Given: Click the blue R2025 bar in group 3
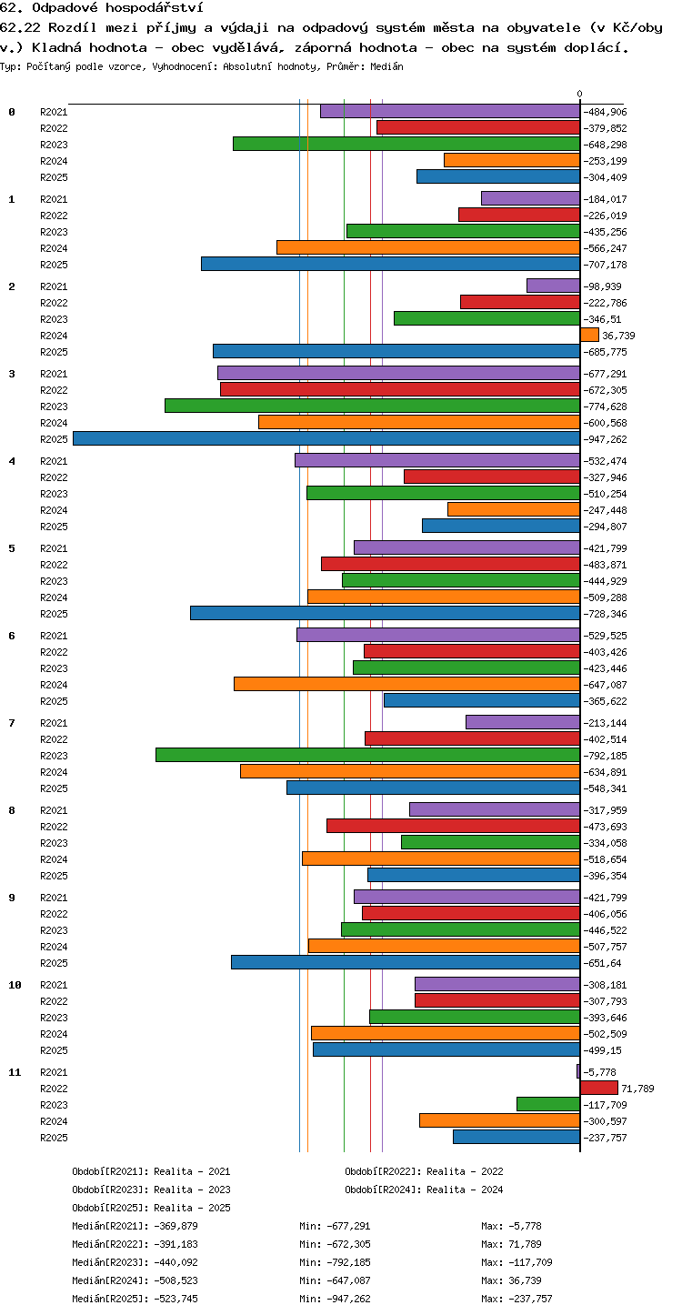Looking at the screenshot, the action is coord(326,438).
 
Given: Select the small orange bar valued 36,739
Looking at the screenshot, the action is coord(589,336).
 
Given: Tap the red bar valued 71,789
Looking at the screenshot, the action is coord(599,1088).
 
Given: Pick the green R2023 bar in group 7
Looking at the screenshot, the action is coord(368,755).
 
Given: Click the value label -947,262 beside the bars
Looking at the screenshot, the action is coord(605,439).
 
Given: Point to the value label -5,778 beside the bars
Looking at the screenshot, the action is coord(599,1072).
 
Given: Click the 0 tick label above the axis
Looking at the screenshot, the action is coord(579,94).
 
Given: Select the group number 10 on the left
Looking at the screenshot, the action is coord(15,985).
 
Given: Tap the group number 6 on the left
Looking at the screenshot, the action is coord(12,635).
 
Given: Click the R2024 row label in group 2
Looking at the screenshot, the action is coord(54,336).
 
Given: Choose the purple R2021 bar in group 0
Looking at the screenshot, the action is coord(450,111).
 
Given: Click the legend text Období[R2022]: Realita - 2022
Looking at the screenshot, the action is coord(424,1171).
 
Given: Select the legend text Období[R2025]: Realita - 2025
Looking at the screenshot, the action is coord(151,1208).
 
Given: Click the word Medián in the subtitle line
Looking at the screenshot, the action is coord(386,66).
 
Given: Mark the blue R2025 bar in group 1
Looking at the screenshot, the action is coord(390,264).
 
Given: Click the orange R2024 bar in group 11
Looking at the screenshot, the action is coord(499,1120).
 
